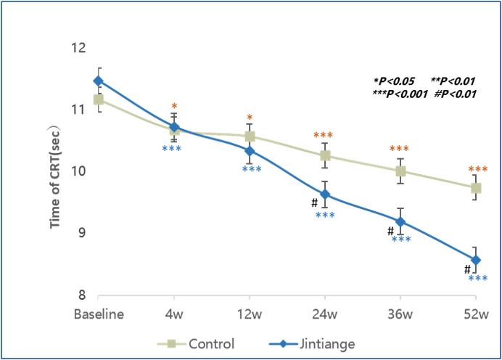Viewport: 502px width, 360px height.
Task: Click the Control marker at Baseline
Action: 98,99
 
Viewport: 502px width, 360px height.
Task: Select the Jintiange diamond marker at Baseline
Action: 98,81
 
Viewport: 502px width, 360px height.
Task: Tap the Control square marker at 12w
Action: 250,136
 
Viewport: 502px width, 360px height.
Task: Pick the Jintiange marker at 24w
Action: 325,195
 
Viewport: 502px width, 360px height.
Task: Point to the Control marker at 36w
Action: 400,171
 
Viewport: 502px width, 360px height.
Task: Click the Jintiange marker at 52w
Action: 475,260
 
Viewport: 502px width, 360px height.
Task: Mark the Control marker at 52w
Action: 475,187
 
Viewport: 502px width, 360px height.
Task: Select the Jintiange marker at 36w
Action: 400,221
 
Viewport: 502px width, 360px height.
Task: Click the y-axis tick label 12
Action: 80,49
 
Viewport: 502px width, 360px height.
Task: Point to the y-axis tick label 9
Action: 83,234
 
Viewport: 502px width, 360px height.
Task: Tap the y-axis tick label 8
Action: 83,295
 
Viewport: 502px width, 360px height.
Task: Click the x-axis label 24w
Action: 325,315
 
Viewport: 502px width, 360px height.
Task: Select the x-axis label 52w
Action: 475,315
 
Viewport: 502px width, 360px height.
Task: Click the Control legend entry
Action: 196,343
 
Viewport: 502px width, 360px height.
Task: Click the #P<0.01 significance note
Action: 454,93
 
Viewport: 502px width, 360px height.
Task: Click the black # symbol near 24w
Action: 315,203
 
